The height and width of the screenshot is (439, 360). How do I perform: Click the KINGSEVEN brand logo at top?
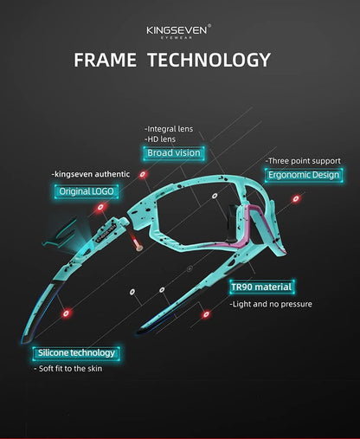pos(178,31)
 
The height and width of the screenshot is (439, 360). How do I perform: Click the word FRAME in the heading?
pos(106,60)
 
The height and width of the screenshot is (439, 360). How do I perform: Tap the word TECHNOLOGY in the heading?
pos(209,60)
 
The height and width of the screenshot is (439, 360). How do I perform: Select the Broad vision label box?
pos(174,153)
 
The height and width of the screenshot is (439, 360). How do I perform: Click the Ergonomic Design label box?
pos(304,175)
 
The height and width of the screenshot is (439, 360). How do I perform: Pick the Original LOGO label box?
pos(87,191)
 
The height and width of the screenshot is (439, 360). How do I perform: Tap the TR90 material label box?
pos(261,287)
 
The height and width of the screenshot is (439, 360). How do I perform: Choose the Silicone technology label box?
pos(76,353)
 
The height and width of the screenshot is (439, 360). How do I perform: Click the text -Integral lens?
pos(169,129)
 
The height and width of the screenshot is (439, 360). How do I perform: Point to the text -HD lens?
pos(160,139)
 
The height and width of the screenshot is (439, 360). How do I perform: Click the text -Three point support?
pos(303,161)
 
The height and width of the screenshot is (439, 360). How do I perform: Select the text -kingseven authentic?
pos(91,174)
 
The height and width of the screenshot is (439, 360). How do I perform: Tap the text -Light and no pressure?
pos(271,304)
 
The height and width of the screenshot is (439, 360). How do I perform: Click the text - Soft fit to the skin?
pos(67,369)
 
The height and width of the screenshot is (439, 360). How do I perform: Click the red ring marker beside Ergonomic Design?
pos(296,199)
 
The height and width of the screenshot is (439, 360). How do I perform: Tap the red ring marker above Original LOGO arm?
pos(100,207)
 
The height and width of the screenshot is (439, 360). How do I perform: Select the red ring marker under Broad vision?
pos(143,175)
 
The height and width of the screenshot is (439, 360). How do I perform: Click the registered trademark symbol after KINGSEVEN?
pos(209,25)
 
